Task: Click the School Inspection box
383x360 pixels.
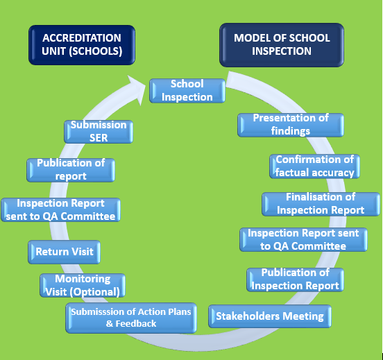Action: [187, 91]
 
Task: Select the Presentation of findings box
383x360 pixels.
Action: [291, 125]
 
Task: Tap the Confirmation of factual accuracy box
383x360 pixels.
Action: [314, 166]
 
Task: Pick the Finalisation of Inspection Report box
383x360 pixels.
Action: [321, 204]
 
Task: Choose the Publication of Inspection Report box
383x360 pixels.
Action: [295, 280]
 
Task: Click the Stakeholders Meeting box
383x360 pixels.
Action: [270, 316]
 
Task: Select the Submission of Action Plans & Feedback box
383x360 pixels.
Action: [131, 318]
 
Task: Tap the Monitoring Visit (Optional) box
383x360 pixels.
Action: [83, 285]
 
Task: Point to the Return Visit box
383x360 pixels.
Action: [65, 252]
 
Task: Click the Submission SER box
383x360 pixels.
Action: [99, 132]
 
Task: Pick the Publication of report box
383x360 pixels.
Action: [71, 170]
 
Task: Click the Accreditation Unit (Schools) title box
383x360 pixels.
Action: [82, 45]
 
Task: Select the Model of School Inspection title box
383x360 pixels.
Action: [282, 45]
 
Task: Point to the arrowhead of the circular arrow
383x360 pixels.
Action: [137, 89]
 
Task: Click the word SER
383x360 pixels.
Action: [99, 138]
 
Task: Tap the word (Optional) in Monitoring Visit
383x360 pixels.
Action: [95, 292]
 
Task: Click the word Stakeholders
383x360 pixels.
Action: [248, 316]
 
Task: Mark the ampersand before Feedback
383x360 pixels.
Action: [109, 324]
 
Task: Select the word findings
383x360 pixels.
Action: [291, 131]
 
